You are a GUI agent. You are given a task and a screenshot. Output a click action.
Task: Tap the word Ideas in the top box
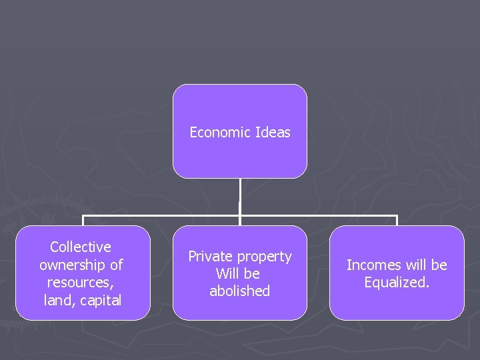[273, 133]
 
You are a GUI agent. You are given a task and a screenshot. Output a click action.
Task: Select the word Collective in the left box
[81, 247]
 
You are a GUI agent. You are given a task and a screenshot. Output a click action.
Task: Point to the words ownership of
[81, 265]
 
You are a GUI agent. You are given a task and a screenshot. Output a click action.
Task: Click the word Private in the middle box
[209, 257]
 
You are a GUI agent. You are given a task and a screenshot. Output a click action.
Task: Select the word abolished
[240, 291]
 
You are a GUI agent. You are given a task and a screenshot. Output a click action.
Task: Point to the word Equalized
[397, 283]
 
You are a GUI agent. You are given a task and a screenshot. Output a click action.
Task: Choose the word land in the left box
[56, 300]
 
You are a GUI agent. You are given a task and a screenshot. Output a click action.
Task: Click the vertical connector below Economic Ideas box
[240, 197]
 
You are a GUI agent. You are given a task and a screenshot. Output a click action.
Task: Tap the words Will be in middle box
[238, 274]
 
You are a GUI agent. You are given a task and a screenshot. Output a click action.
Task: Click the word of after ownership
[116, 265]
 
